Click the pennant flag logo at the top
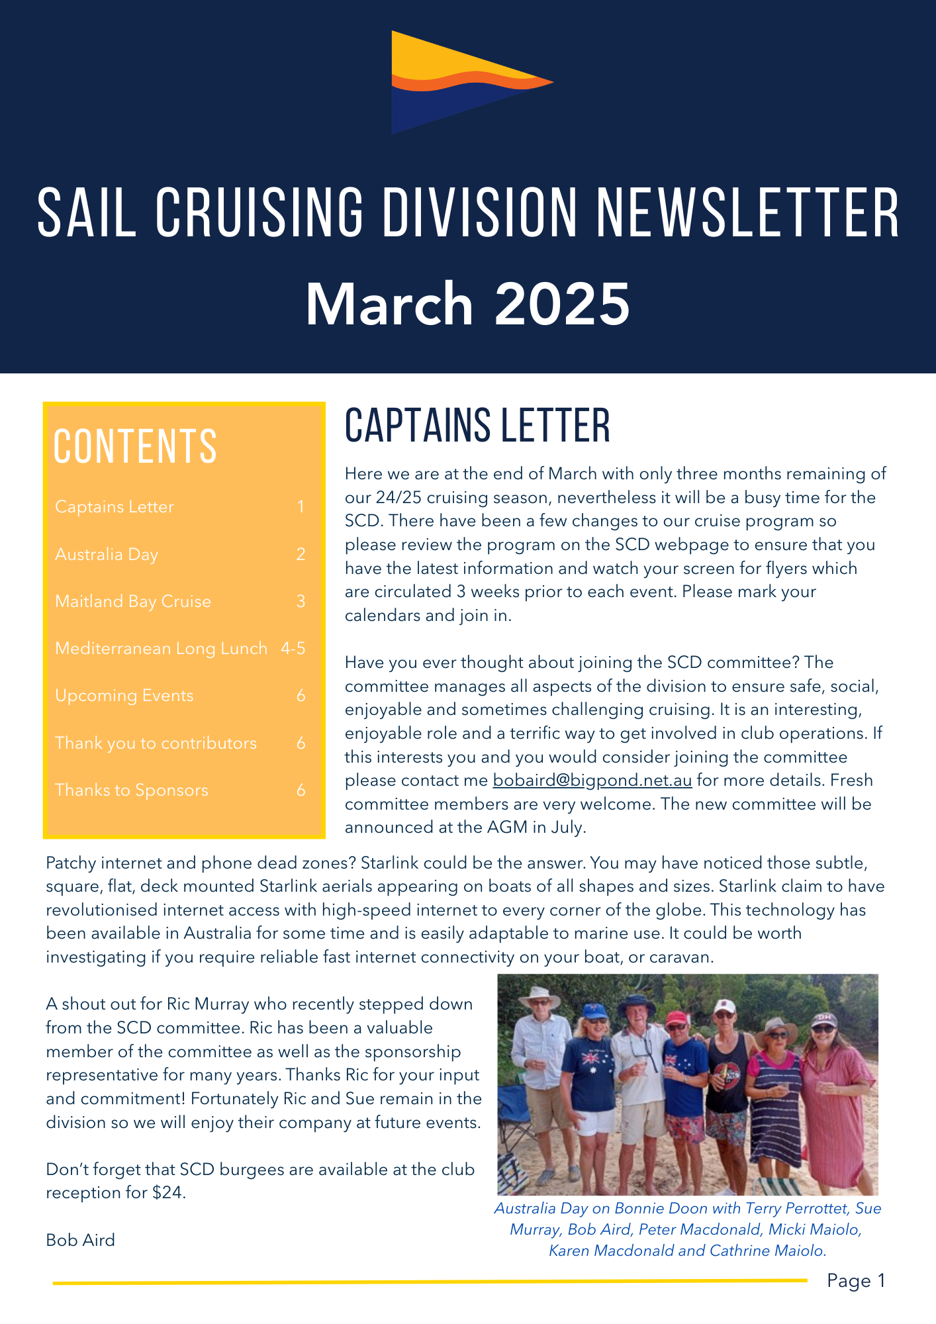click(463, 83)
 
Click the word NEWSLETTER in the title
click(748, 213)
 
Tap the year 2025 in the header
click(562, 304)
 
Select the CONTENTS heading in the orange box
click(135, 446)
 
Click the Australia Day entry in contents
click(107, 554)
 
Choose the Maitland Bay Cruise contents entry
click(133, 601)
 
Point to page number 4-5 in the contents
click(293, 648)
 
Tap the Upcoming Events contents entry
click(124, 695)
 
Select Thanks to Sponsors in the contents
click(132, 790)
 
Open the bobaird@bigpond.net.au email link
click(592, 780)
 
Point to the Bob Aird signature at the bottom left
click(81, 1240)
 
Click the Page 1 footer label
click(855, 1281)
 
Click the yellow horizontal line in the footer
click(430, 1282)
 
